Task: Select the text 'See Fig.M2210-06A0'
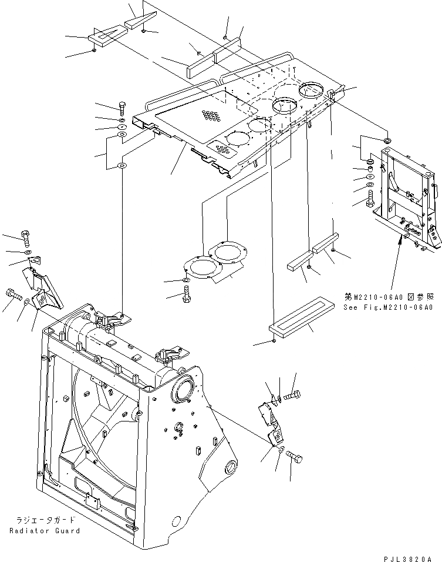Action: pos(388,307)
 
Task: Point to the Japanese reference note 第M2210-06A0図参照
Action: pos(388,297)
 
